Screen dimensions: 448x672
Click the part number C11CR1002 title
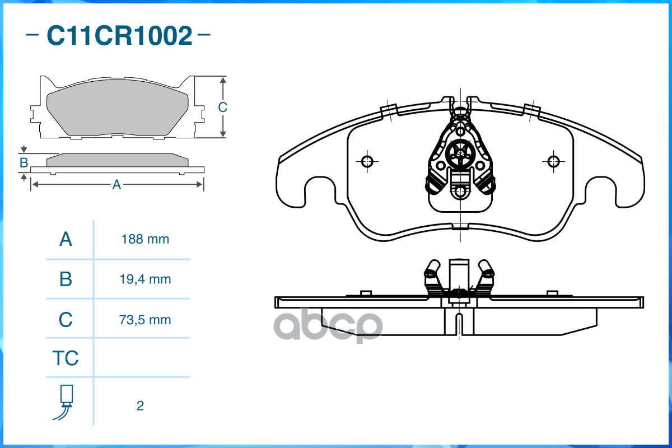[x=119, y=36]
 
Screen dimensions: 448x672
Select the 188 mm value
[x=145, y=239]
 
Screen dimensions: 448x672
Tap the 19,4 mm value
[x=145, y=279]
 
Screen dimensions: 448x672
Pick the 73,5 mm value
[x=145, y=320]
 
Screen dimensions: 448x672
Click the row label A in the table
[x=66, y=239]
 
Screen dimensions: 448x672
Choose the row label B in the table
[x=66, y=279]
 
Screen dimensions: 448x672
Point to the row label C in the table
[x=66, y=320]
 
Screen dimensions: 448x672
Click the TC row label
[x=66, y=358]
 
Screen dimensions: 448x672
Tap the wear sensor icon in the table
[x=66, y=402]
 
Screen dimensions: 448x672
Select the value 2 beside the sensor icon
[x=140, y=405]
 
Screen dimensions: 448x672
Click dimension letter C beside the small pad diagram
[x=222, y=107]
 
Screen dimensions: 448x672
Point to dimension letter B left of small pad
[x=24, y=163]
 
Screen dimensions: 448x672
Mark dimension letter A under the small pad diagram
[x=116, y=185]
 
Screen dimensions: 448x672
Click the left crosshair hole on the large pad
[x=367, y=162]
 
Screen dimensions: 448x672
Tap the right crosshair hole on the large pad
[x=553, y=162]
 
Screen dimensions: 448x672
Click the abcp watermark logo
[x=330, y=325]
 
